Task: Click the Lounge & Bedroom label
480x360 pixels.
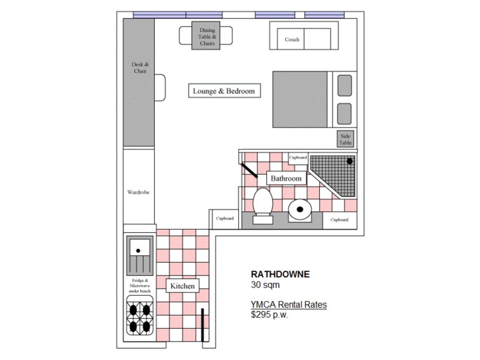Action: click(224, 91)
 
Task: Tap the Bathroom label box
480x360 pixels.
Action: click(286, 178)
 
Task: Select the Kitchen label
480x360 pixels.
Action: click(182, 286)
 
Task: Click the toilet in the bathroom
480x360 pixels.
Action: click(263, 206)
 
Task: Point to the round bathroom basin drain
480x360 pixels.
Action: click(300, 209)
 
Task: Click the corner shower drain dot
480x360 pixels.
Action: click(350, 161)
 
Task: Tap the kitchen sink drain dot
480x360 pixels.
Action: click(138, 251)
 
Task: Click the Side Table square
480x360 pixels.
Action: click(345, 139)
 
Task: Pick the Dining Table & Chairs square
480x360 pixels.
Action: click(206, 35)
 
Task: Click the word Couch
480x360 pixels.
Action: click(292, 40)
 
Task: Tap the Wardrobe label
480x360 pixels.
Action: click(139, 192)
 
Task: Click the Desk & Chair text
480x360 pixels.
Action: click(140, 68)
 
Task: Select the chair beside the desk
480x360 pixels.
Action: click(160, 88)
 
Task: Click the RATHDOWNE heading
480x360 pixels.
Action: click(280, 274)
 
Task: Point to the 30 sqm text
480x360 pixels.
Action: click(265, 284)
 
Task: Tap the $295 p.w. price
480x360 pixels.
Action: click(269, 314)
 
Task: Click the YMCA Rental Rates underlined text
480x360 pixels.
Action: click(289, 305)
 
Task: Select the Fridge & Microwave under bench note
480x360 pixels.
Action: click(140, 286)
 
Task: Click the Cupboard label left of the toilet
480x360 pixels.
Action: click(224, 218)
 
